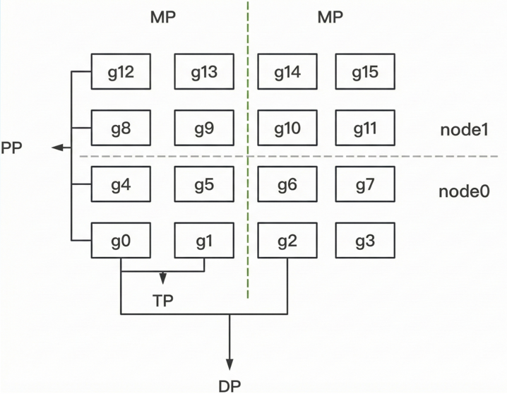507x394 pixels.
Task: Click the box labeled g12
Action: tap(121, 72)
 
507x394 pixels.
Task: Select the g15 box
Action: tap(364, 72)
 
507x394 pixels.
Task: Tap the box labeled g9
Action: tap(204, 129)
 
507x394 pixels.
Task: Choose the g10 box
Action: tap(287, 129)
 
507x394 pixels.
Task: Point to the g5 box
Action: tap(204, 185)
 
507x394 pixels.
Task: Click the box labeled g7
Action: tap(364, 185)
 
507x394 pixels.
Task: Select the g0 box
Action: tap(121, 241)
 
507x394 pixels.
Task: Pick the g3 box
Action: tap(364, 241)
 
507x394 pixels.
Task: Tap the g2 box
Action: tap(287, 241)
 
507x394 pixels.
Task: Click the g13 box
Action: tap(204, 72)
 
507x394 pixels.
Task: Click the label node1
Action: tap(464, 131)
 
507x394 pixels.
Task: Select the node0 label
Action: tap(464, 191)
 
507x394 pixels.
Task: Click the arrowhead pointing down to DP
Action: tap(229, 364)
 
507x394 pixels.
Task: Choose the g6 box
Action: tap(287, 185)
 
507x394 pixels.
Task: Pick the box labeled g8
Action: tap(121, 129)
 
